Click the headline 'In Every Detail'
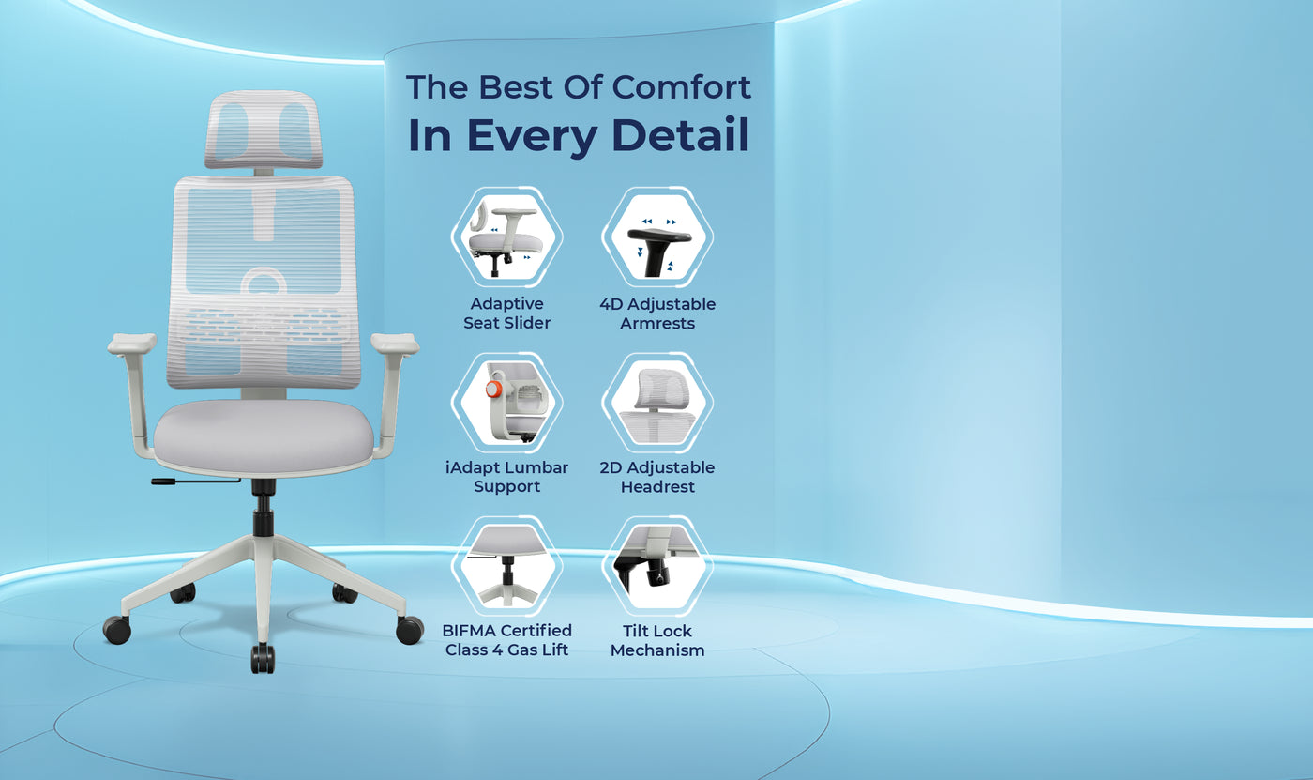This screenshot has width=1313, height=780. (579, 135)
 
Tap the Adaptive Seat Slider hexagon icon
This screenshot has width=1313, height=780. (506, 236)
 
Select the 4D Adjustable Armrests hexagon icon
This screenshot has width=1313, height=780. (657, 236)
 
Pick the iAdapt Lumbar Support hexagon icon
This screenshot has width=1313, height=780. (506, 402)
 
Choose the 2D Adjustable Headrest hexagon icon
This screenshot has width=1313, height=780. (657, 402)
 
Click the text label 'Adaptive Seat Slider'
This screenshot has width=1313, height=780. (506, 314)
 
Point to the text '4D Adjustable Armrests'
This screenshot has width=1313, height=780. (657, 314)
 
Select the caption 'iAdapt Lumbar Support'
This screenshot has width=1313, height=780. (506, 477)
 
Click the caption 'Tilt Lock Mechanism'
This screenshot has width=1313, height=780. (657, 640)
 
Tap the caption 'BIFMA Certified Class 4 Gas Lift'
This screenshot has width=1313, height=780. (506, 640)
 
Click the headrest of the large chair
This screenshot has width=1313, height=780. (264, 130)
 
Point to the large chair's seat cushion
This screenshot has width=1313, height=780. (264, 436)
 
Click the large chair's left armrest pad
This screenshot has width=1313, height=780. (131, 344)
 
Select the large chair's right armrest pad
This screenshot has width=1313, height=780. (395, 344)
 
